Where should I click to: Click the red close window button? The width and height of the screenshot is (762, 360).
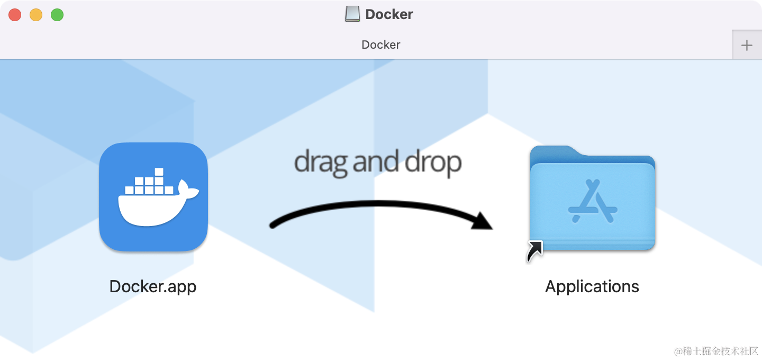pos(15,15)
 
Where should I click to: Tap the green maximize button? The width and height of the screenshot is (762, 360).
pos(57,15)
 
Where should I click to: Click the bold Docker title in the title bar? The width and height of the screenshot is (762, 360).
pos(389,14)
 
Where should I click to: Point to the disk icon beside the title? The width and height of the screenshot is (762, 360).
pos(352,14)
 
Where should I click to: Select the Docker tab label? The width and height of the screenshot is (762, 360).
pos(380,44)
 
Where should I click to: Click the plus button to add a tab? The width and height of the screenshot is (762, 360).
pos(747,45)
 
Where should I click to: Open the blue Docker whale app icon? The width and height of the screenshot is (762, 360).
pos(153,197)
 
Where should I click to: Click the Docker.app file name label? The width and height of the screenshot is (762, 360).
pos(153,286)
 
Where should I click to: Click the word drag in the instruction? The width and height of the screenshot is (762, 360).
pos(321,162)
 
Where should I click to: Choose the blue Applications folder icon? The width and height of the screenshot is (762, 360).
pos(592,199)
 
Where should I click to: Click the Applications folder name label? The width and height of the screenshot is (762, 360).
pos(592,286)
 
